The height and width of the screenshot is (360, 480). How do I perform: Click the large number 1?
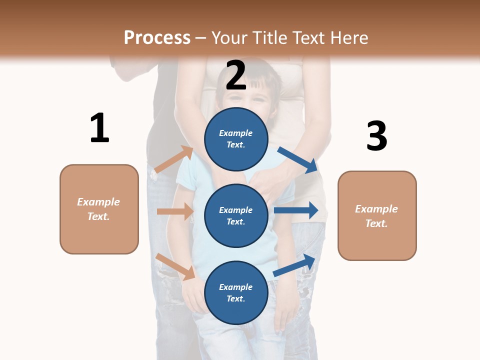click(x=99, y=128)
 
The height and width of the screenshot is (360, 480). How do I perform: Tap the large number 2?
click(x=236, y=75)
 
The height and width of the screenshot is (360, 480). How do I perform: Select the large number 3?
click(x=376, y=136)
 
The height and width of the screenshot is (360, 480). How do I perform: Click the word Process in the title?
click(x=157, y=37)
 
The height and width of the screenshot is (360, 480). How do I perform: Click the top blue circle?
click(x=236, y=139)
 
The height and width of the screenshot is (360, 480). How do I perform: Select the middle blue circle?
click(x=236, y=215)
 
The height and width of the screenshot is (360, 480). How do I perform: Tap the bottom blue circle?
click(x=236, y=292)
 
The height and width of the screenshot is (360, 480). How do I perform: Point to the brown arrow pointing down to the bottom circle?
click(x=175, y=266)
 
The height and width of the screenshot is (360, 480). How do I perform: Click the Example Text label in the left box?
click(x=98, y=209)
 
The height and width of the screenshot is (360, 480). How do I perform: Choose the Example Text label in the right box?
click(x=376, y=216)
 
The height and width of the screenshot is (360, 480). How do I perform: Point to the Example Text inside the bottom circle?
click(x=236, y=292)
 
